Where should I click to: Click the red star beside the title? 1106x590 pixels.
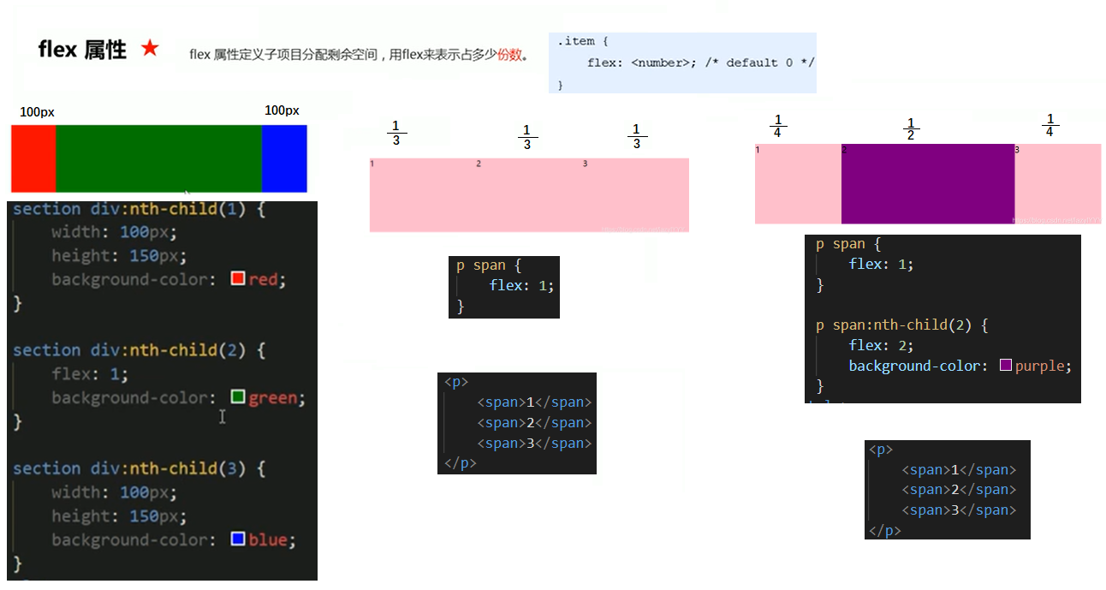pyautogui.click(x=150, y=49)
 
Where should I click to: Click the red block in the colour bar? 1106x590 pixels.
pyautogui.click(x=33, y=158)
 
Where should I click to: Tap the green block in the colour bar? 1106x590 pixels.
pyautogui.click(x=158, y=158)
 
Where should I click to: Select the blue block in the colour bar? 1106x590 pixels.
pyautogui.click(x=284, y=158)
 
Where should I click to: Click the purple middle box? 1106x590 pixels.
pyautogui.click(x=928, y=183)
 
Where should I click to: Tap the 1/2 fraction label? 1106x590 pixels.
pyautogui.click(x=911, y=128)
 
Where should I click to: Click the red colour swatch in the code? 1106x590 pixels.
pyautogui.click(x=238, y=279)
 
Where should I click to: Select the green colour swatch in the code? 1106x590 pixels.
pyautogui.click(x=238, y=397)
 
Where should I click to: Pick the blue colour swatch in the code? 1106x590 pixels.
pyautogui.click(x=238, y=539)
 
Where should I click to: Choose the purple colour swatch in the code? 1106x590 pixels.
pyautogui.click(x=1006, y=366)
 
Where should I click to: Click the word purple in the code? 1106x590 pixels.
pyautogui.click(x=1040, y=366)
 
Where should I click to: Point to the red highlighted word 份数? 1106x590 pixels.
pyautogui.click(x=509, y=55)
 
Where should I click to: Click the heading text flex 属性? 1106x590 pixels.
pyautogui.click(x=82, y=50)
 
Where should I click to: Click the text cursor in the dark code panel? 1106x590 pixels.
pyautogui.click(x=222, y=416)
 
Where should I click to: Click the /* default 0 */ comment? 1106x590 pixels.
pyautogui.click(x=759, y=63)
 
